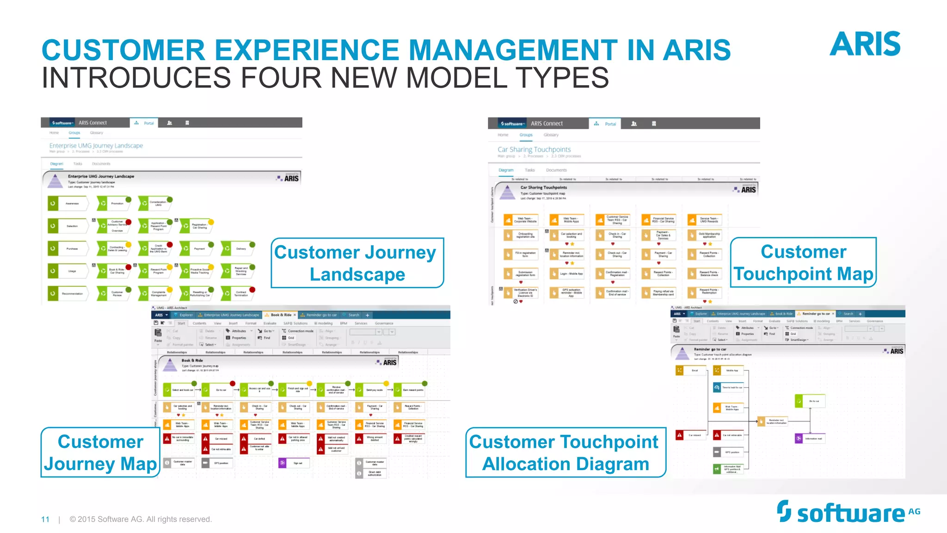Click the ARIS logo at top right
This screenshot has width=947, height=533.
click(865, 44)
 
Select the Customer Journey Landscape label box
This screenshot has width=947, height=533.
click(357, 263)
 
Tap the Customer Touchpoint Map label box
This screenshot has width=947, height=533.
click(803, 262)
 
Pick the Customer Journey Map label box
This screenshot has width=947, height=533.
click(100, 452)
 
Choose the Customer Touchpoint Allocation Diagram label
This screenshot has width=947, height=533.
click(565, 452)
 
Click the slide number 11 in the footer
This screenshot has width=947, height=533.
click(45, 519)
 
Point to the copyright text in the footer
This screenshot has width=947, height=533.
click(141, 519)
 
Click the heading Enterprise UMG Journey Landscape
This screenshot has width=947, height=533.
click(96, 145)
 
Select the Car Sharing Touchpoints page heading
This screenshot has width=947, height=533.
click(534, 149)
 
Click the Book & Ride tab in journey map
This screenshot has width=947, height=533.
click(280, 315)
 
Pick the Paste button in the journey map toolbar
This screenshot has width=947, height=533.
click(158, 335)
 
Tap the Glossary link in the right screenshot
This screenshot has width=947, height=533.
click(551, 135)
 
